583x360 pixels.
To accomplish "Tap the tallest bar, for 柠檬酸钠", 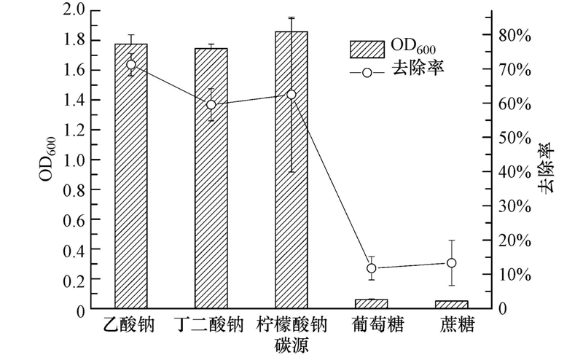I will coord(291,182).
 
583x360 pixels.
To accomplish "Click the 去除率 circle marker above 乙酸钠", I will coord(131,65).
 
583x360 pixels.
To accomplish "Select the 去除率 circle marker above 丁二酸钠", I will coord(211,104).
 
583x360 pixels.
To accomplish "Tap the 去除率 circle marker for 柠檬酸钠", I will coord(291,95).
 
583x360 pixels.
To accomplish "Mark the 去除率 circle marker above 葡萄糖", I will coord(372,268).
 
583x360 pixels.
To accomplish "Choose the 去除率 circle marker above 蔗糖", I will coord(452,263).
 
